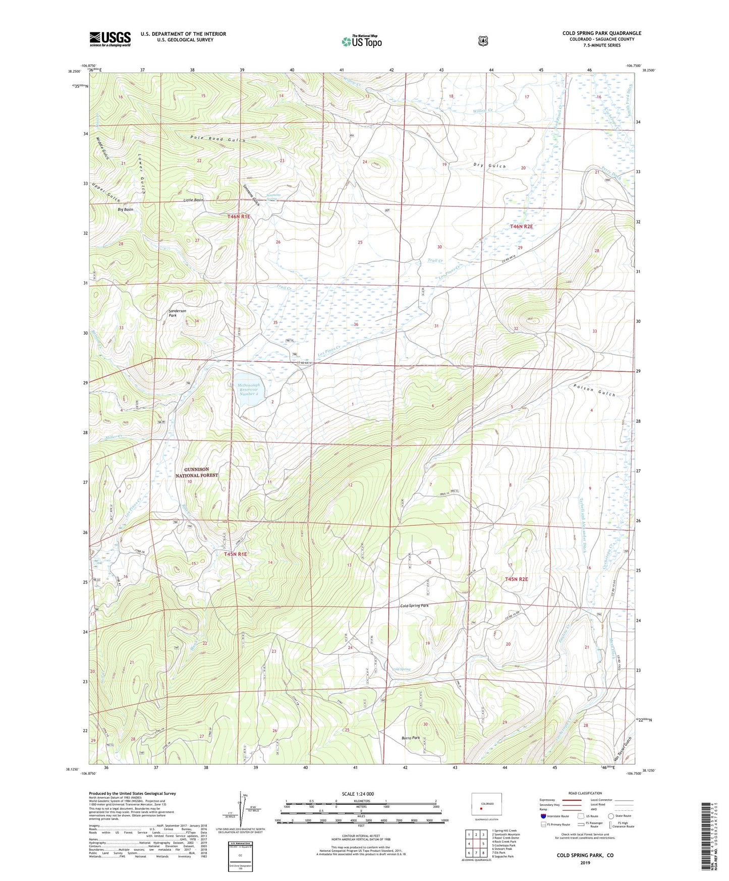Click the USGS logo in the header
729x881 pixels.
[x=110, y=39]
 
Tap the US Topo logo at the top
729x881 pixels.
[x=361, y=41]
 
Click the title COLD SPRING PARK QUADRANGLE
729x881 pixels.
[x=602, y=33]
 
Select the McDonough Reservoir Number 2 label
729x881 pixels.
[x=248, y=390]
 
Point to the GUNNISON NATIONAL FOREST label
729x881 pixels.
[x=197, y=472]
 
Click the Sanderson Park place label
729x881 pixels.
[x=177, y=313]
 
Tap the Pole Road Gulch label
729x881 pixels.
[x=218, y=139]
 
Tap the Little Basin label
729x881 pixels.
[x=193, y=200]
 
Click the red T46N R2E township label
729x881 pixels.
[x=521, y=227]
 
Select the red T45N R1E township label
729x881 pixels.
[x=235, y=554]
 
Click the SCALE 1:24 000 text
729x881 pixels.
[x=361, y=794]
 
